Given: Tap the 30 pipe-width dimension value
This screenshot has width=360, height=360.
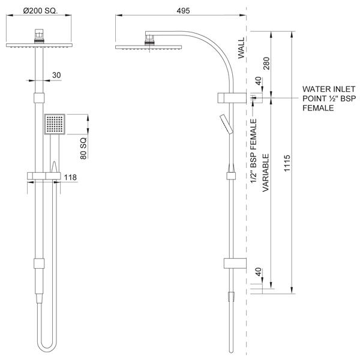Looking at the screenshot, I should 57,76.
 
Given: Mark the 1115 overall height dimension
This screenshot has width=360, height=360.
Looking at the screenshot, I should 288,163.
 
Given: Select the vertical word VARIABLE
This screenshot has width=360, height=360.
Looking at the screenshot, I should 265,171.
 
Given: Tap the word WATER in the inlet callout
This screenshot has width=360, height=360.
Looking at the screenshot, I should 316,88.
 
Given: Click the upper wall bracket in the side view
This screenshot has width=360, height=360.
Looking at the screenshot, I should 231,97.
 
